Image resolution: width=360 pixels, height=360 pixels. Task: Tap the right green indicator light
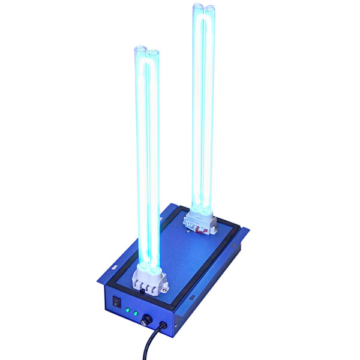pos(136,313)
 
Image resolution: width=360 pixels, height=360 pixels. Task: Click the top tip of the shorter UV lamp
pos(146,50)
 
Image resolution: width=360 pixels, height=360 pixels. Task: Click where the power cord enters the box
pos(161,326)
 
